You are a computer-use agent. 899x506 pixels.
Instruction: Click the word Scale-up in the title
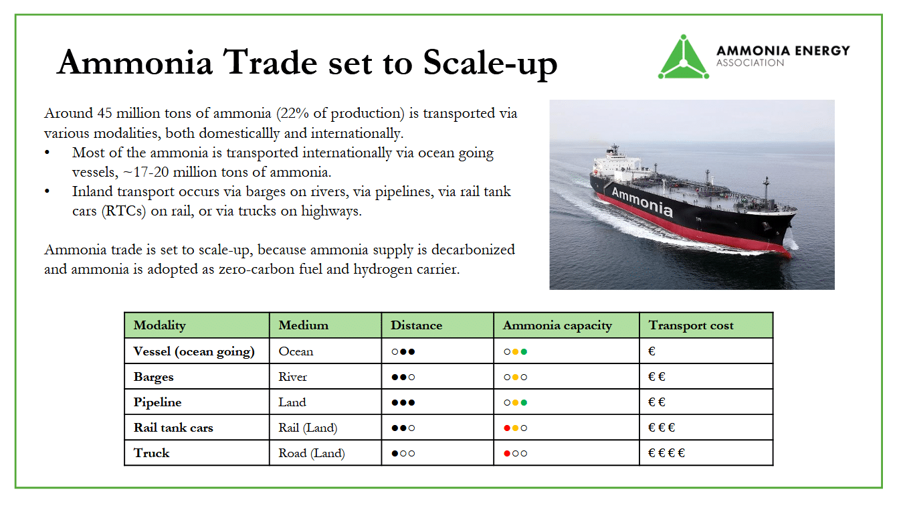[490, 64]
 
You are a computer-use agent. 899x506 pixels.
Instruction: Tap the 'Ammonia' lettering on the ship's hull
[641, 202]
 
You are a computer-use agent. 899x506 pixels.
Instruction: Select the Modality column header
[159, 325]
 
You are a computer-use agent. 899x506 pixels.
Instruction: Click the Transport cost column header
[691, 325]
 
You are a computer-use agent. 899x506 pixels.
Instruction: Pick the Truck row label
[151, 453]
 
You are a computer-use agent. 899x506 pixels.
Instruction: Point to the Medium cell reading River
[292, 377]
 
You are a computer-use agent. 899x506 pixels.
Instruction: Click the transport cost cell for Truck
[666, 453]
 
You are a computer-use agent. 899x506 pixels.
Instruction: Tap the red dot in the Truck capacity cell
[507, 453]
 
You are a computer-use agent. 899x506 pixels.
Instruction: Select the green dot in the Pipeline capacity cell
[524, 402]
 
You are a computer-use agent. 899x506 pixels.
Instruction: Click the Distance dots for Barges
[403, 377]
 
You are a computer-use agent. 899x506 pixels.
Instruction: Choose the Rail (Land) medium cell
[308, 428]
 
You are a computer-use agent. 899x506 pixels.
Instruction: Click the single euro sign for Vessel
[652, 351]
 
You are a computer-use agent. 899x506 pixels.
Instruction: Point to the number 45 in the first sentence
[104, 113]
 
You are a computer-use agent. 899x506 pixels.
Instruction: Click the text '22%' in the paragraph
[294, 113]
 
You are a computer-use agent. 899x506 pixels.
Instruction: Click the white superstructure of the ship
[616, 165]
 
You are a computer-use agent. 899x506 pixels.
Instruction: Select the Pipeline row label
[157, 402]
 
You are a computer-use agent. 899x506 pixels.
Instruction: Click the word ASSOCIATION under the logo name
[750, 63]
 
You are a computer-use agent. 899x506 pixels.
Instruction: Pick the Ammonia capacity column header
[557, 326]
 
